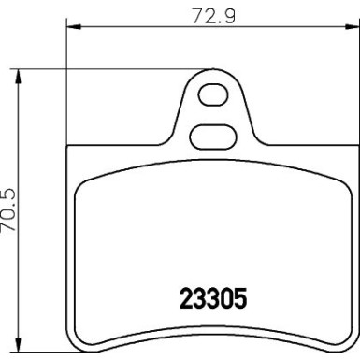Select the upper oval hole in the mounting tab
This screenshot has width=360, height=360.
coord(212,99)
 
